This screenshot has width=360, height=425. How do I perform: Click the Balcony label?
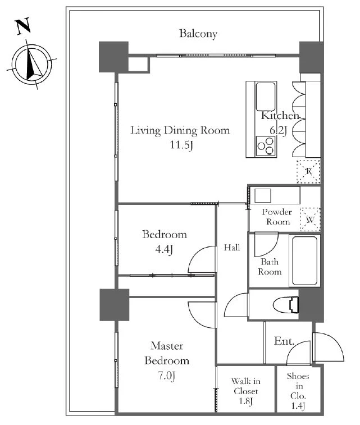(x=198, y=34)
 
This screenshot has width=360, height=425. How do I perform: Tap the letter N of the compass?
(x=24, y=26)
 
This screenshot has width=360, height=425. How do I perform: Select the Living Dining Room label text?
(x=180, y=130)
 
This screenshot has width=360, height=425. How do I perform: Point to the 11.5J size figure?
(x=181, y=145)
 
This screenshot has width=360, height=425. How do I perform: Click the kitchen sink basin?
(x=266, y=97)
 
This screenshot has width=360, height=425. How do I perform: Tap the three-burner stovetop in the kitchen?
(x=266, y=146)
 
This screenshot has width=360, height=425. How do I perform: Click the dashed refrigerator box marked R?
(x=308, y=171)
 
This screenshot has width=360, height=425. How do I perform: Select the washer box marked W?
(x=310, y=220)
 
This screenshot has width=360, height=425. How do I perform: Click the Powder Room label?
(x=277, y=217)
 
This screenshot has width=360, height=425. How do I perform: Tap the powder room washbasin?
(x=262, y=195)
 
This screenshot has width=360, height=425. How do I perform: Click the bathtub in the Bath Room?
(x=305, y=261)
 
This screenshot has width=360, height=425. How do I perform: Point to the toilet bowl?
(x=285, y=305)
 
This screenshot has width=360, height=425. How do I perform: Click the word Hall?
(x=232, y=247)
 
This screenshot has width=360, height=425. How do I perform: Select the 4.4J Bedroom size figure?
(x=164, y=249)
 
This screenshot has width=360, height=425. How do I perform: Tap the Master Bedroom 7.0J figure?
(x=166, y=376)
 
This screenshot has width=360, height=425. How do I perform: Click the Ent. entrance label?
(x=284, y=341)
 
